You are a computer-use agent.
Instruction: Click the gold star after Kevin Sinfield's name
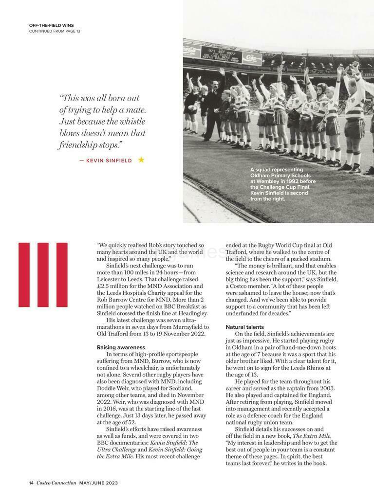pos(141,160)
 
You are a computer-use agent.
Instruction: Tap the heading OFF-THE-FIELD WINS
pos(52,25)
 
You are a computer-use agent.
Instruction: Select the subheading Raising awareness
pos(121,347)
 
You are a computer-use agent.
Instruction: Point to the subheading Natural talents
pos(245,327)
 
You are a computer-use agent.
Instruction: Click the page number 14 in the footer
pos(31,483)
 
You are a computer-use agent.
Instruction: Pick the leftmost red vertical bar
pos(24,274)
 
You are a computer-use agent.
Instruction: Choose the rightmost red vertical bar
pos(62,274)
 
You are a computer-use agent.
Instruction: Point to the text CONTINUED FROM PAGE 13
pos(55,31)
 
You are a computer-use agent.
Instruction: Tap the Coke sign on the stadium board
pos(251,58)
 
